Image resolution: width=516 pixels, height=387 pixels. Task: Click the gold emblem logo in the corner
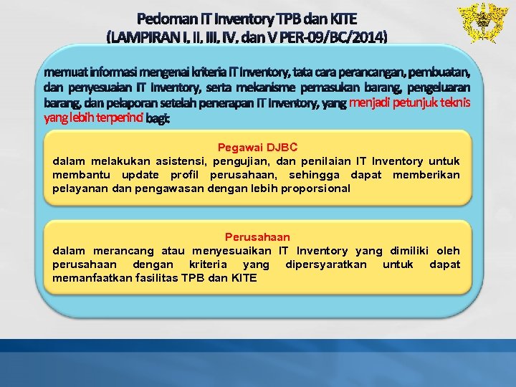(481, 22)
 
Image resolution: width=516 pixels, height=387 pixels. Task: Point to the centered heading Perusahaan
(257, 236)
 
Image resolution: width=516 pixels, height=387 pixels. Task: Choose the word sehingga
(314, 175)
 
